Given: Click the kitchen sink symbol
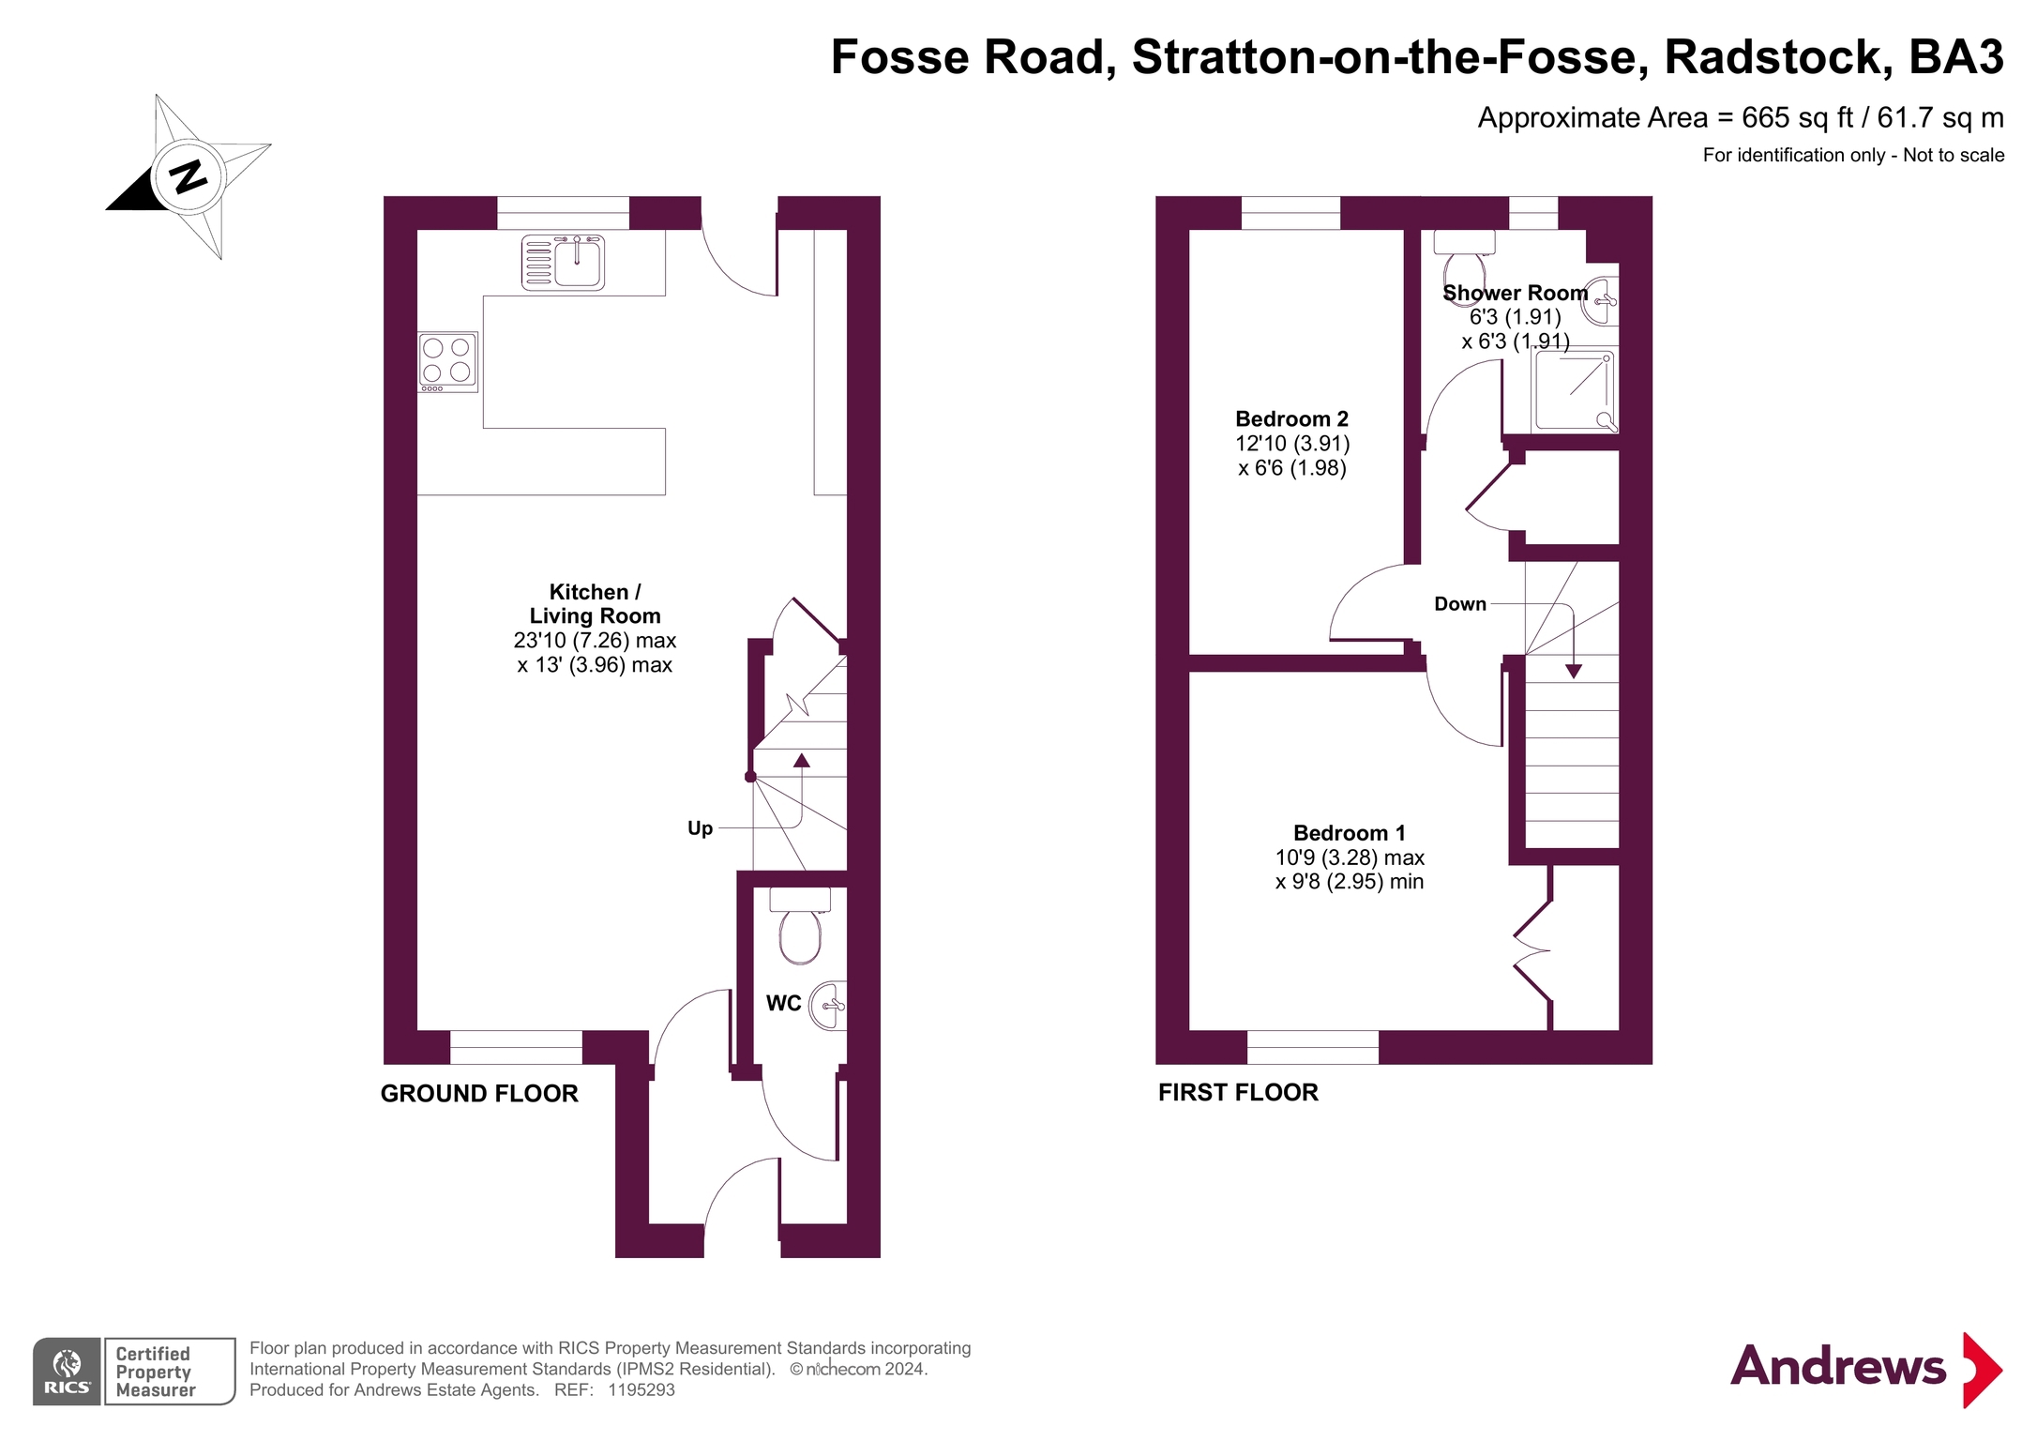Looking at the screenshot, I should click(x=564, y=263).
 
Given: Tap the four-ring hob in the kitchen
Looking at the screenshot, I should click(x=447, y=361).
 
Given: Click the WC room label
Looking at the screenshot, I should click(x=783, y=1003).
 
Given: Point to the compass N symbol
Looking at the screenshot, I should click(x=189, y=175).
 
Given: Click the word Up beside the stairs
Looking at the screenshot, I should click(x=700, y=828).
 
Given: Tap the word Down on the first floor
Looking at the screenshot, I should click(x=1459, y=604).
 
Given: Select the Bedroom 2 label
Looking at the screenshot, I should click(x=1291, y=419).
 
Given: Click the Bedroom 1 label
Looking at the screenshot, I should click(x=1349, y=833).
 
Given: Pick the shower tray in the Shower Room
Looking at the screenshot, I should click(x=1574, y=391).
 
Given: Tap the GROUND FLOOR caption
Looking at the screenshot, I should click(x=479, y=1093).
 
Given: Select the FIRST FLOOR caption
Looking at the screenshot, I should click(x=1238, y=1092).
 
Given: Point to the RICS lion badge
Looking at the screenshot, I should click(x=67, y=1371).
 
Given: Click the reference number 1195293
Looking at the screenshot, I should click(x=641, y=1390).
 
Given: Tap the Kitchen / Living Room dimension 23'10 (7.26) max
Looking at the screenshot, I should click(x=595, y=641).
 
